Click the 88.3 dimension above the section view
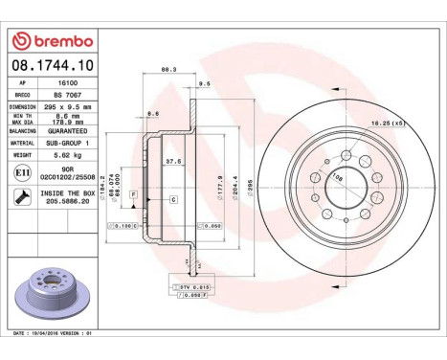(168, 69)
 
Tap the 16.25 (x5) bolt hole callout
(387, 123)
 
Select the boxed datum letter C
(174, 198)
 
